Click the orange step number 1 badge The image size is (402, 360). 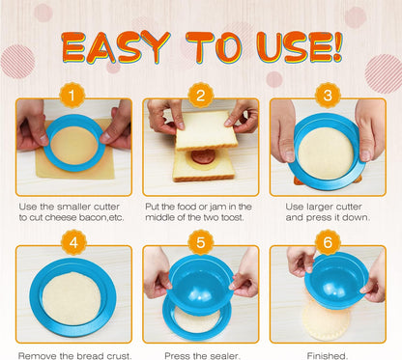[x=73, y=95]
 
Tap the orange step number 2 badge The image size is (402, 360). [x=201, y=95]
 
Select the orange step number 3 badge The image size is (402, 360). [x=328, y=95]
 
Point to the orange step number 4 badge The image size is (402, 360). [x=73, y=243]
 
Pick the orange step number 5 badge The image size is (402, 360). [x=201, y=243]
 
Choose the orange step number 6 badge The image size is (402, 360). [x=328, y=243]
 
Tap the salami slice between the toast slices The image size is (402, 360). [x=200, y=155]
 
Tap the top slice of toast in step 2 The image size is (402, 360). [x=205, y=127]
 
